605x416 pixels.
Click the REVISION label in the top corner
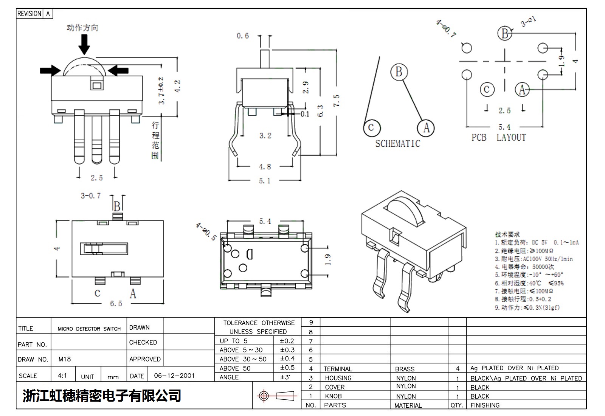click(29, 14)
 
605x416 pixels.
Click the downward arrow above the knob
click(84, 45)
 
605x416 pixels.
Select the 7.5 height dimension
click(336, 100)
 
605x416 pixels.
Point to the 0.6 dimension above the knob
click(243, 36)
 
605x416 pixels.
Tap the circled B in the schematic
click(399, 71)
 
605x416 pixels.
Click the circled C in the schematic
click(371, 127)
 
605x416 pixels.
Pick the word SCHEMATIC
click(397, 144)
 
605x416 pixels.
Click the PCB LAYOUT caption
click(498, 138)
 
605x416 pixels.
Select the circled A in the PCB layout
click(522, 90)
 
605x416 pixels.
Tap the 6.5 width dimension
click(116, 303)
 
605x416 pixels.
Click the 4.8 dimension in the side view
click(265, 167)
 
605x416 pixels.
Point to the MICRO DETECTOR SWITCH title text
click(89, 329)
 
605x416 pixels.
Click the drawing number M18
click(65, 359)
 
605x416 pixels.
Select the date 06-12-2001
click(174, 376)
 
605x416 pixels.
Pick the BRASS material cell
click(405, 369)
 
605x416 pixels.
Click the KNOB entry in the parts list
click(333, 396)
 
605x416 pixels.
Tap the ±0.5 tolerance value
click(287, 368)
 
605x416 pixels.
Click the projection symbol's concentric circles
click(264, 396)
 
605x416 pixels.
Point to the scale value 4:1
click(62, 376)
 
